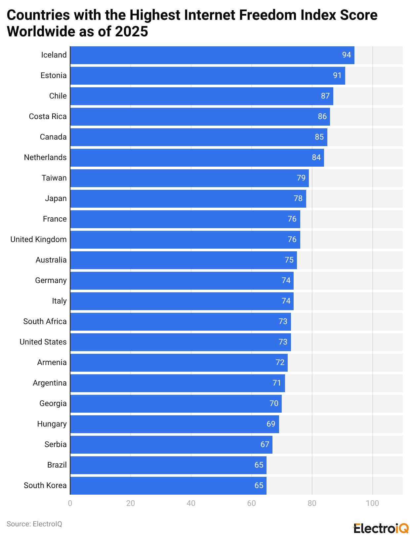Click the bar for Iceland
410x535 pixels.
(212, 55)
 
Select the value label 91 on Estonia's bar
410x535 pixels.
(337, 76)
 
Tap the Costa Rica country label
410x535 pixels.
(48, 116)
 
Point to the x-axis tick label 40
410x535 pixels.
(191, 504)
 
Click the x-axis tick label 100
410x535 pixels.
(372, 504)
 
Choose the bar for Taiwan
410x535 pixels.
(189, 178)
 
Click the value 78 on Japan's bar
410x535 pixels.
(298, 198)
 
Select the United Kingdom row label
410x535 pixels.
(38, 239)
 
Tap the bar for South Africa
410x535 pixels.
(180, 322)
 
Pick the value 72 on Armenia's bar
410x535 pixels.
(280, 362)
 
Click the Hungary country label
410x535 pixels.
(52, 424)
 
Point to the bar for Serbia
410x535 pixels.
(171, 445)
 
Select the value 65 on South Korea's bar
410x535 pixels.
(259, 485)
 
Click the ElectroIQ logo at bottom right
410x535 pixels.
(381, 528)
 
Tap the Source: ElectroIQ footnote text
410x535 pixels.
(34, 524)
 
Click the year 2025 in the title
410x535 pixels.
(132, 32)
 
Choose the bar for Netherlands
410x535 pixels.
(197, 158)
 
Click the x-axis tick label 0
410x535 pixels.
(70, 504)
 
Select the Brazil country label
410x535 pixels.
(57, 465)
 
